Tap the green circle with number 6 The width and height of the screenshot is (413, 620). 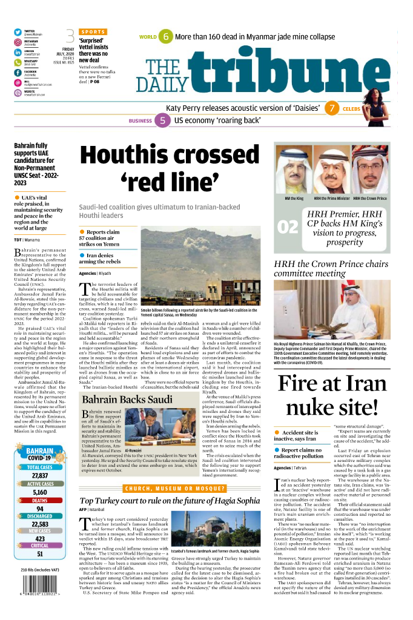(x=166, y=37)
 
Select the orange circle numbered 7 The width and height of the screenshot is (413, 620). (x=332, y=109)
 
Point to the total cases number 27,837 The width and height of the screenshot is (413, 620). (x=39, y=476)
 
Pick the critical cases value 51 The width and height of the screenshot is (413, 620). (x=39, y=553)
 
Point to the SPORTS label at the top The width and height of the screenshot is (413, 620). (x=93, y=31)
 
